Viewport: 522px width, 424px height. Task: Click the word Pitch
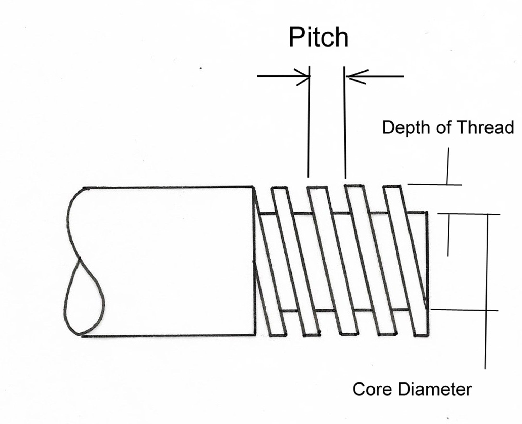coord(318,37)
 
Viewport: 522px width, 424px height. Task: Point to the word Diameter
coord(435,389)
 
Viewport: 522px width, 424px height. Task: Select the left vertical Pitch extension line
coord(309,123)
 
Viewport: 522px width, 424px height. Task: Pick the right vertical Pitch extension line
coord(345,123)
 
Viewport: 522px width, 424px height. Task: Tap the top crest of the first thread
coord(279,188)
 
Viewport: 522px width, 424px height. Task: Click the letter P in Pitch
coord(296,37)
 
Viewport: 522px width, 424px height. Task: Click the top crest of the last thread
coord(391,186)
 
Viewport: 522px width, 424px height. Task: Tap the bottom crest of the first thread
coord(277,334)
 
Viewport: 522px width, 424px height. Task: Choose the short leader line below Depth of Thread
coord(448,166)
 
